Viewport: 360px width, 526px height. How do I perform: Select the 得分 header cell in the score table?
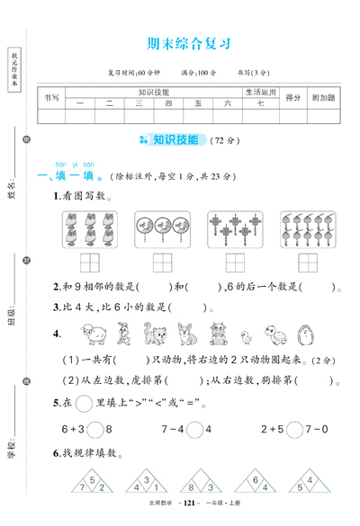click(x=292, y=97)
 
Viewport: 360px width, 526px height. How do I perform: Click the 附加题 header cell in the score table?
click(x=323, y=97)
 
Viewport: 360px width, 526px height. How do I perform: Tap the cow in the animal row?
click(x=216, y=334)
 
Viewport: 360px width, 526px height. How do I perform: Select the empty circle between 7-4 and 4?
click(x=193, y=403)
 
